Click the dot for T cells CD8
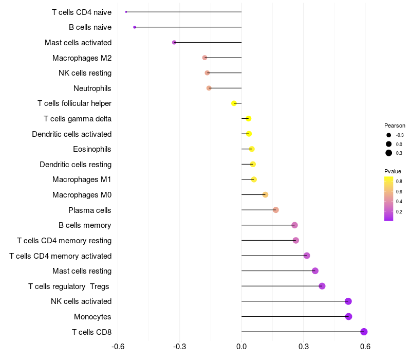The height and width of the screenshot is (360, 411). pyautogui.click(x=364, y=332)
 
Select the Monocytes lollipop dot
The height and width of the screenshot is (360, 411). pyautogui.click(x=348, y=316)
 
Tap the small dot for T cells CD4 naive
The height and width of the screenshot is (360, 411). pyautogui.click(x=126, y=12)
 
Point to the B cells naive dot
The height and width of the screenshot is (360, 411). pyautogui.click(x=135, y=27)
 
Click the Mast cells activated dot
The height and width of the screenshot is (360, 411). pyautogui.click(x=174, y=42)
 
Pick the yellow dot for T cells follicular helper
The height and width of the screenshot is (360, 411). pyautogui.click(x=234, y=103)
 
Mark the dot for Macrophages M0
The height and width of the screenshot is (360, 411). pyautogui.click(x=265, y=194)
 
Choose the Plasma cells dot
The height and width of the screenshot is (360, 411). pyautogui.click(x=276, y=210)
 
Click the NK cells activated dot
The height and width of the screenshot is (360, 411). pyautogui.click(x=348, y=301)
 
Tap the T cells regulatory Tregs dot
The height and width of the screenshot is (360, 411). pyautogui.click(x=322, y=286)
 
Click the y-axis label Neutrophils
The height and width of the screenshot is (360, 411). pyautogui.click(x=92, y=88)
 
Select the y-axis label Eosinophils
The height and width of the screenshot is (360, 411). pyautogui.click(x=92, y=149)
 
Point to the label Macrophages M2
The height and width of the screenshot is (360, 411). pyautogui.click(x=82, y=58)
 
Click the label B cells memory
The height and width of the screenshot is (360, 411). pyautogui.click(x=85, y=225)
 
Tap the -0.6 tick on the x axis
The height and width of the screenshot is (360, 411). pyautogui.click(x=118, y=347)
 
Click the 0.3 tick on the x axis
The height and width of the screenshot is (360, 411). pyautogui.click(x=303, y=347)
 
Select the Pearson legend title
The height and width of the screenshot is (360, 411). pyautogui.click(x=395, y=125)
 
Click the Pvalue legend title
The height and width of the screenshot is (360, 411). pyautogui.click(x=393, y=171)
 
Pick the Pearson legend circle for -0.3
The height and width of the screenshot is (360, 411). pyautogui.click(x=389, y=135)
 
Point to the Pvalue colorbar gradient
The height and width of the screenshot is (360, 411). pyautogui.click(x=389, y=199)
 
